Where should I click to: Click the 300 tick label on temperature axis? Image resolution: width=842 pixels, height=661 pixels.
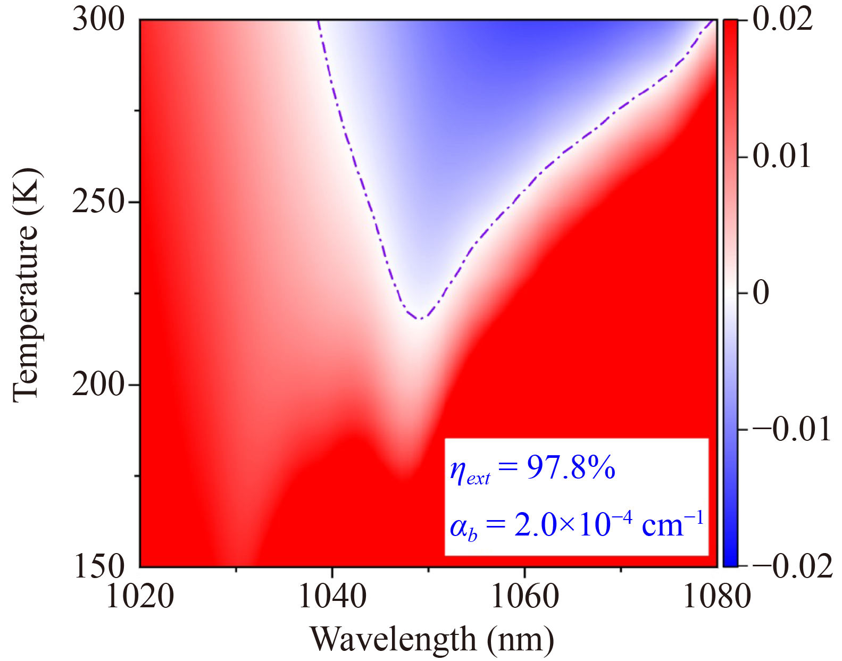point(98,20)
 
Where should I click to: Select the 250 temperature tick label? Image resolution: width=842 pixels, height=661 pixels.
point(98,202)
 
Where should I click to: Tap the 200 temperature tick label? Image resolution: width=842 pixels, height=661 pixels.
point(98,384)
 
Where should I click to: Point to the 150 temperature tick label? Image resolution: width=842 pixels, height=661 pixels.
point(98,566)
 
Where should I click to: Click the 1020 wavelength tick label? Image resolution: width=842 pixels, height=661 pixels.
point(140,596)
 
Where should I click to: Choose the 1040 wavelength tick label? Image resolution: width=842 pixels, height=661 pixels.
point(332,596)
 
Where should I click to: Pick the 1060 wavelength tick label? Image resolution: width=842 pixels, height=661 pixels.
point(525,596)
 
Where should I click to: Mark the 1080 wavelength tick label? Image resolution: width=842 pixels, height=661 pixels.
point(716,596)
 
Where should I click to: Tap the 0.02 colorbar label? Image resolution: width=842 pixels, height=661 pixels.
point(782,20)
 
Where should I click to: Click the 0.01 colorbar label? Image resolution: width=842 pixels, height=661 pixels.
point(781,156)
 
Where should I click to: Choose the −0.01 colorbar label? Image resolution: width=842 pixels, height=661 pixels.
point(791,429)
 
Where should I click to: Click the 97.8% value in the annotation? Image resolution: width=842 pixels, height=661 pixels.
point(571,468)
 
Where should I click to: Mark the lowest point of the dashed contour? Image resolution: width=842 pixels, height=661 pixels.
point(421,319)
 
